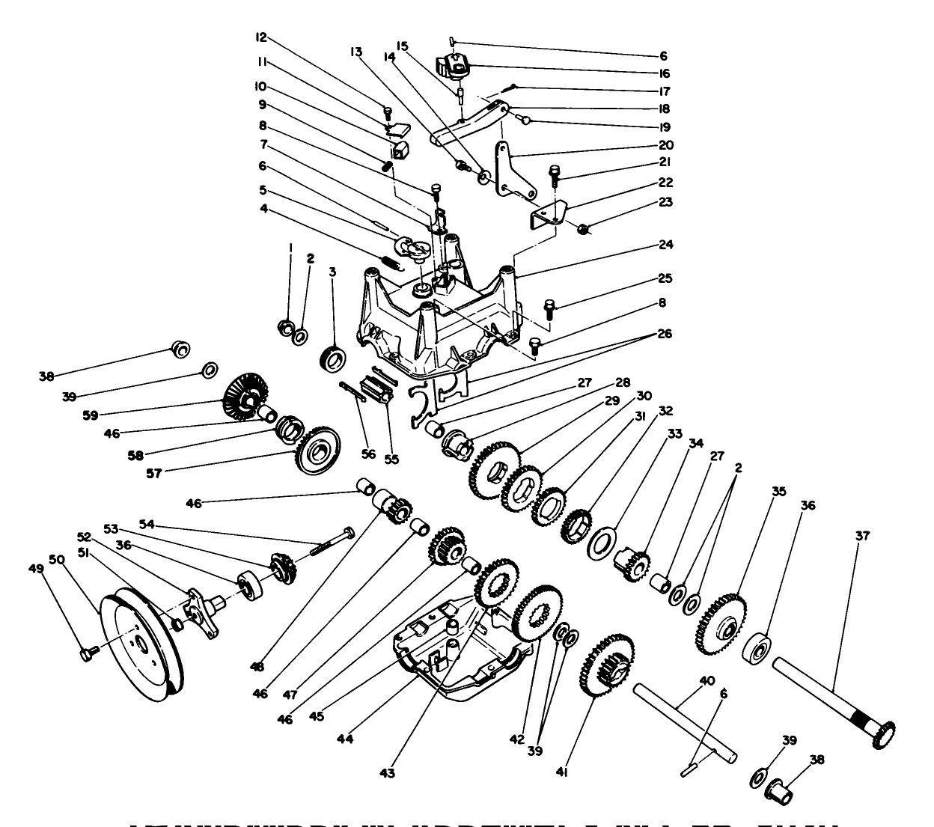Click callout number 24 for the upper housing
click(665, 245)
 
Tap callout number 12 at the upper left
click(261, 37)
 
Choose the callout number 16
click(664, 73)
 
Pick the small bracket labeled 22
click(551, 213)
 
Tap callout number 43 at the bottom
click(388, 772)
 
